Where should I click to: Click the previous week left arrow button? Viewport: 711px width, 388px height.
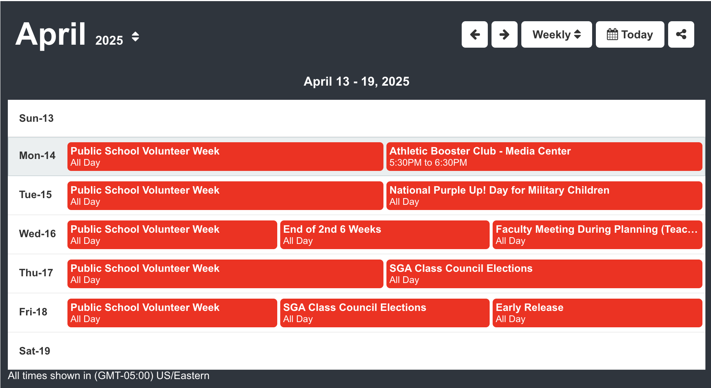474,35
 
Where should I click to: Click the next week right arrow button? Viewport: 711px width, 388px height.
504,35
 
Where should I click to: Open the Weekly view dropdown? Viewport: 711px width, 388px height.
556,35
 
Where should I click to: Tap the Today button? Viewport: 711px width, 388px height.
630,35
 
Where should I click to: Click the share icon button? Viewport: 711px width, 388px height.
681,35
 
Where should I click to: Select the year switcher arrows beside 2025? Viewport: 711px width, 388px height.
135,37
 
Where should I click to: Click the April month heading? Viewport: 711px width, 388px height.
51,34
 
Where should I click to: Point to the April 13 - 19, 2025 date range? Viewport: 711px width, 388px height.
356,81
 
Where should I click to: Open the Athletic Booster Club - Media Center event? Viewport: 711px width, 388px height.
544,156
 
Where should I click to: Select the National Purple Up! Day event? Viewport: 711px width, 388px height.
544,195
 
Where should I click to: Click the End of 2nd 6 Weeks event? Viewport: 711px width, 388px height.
385,235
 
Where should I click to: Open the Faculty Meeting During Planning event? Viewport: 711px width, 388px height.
597,235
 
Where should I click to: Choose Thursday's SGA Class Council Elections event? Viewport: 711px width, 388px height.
544,274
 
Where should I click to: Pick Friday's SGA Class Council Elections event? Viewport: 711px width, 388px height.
385,313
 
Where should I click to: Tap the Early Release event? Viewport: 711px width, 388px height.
597,313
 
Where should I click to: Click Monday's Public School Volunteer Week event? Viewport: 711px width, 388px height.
225,156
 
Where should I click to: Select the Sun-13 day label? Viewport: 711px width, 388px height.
37,118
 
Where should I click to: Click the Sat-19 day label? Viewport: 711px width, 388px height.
35,351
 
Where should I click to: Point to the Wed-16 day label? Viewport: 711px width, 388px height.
37,234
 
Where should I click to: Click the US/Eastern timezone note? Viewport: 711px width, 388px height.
108,376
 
